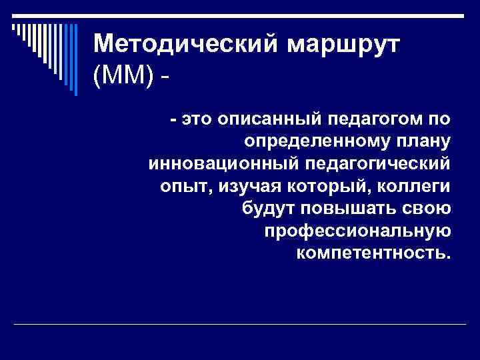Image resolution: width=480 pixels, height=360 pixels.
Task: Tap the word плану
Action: pyautogui.click(x=422, y=141)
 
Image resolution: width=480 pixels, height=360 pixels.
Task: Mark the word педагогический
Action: pyautogui.click(x=367, y=163)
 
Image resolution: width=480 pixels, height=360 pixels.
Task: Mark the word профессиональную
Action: pyautogui.click(x=358, y=231)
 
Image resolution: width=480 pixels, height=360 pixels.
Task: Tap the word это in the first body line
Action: pyautogui.click(x=193, y=119)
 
